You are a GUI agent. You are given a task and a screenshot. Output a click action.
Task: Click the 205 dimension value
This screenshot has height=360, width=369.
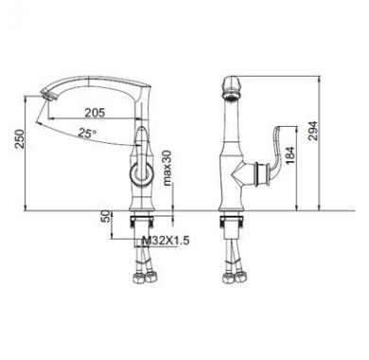click(x=95, y=113)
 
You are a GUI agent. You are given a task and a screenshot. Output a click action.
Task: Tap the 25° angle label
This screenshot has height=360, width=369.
click(x=87, y=134)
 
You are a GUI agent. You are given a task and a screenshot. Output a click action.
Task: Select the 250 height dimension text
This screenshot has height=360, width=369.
click(x=20, y=138)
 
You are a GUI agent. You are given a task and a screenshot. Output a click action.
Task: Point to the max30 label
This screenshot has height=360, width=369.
click(x=167, y=168)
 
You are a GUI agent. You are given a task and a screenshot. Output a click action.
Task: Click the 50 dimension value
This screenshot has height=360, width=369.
click(x=107, y=216)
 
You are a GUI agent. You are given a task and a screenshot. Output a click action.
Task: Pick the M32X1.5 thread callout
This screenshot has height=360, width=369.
click(x=166, y=241)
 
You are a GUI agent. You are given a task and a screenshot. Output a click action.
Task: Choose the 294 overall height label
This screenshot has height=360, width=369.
click(x=312, y=131)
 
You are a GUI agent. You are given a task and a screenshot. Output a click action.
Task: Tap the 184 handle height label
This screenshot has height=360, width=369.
click(x=290, y=155)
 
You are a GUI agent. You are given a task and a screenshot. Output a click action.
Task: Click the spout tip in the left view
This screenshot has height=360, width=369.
click(x=47, y=95)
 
